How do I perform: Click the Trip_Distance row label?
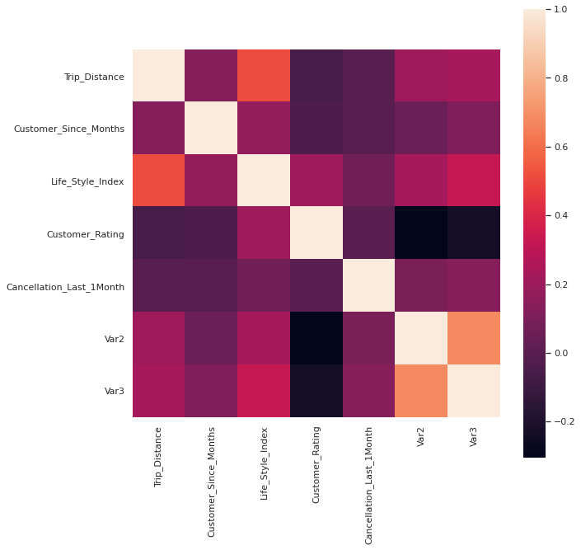(94, 77)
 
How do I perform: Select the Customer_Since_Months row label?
(69, 129)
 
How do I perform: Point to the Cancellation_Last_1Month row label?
(65, 287)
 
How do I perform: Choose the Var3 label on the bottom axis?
(474, 437)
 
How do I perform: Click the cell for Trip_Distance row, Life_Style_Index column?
(264, 77)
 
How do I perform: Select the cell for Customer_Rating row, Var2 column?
(421, 233)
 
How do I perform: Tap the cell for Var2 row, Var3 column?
(474, 339)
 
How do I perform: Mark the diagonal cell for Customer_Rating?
(316, 233)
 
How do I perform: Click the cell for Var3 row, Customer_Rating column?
(316, 391)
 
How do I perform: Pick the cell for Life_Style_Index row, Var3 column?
(474, 181)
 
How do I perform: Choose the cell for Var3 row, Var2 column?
(421, 391)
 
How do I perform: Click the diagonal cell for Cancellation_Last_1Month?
(368, 286)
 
